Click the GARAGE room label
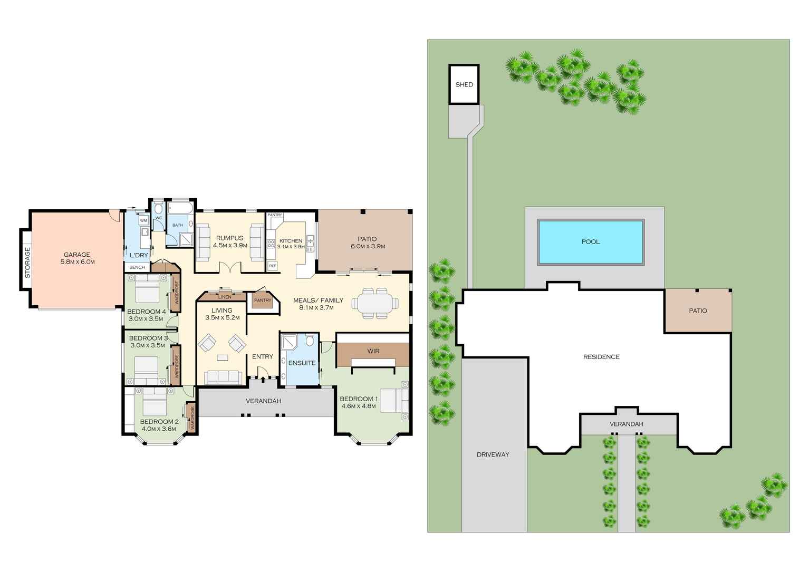(x=76, y=255)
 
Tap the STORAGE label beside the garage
(x=27, y=263)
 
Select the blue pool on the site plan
(x=590, y=242)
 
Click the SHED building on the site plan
(x=464, y=84)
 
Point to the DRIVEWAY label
(x=493, y=454)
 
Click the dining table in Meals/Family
(x=375, y=304)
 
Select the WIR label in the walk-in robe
(x=373, y=351)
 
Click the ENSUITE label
(x=302, y=363)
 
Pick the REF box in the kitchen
(x=273, y=266)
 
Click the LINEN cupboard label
(x=225, y=297)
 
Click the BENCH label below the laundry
(x=137, y=267)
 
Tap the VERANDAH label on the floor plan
(x=263, y=401)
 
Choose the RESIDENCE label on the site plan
(x=601, y=357)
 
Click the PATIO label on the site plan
(x=698, y=311)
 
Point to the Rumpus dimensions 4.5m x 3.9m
(x=230, y=245)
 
